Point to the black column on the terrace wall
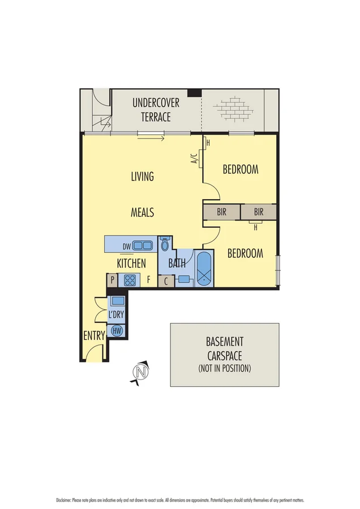click(194, 93)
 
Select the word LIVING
click(143, 176)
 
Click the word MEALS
click(143, 213)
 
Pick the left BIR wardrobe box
click(222, 212)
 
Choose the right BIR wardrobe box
click(259, 212)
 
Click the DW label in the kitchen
click(127, 246)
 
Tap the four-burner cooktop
click(130, 279)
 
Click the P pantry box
click(112, 280)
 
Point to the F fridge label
click(148, 279)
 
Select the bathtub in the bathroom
click(204, 270)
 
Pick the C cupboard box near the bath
click(166, 280)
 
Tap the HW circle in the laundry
click(117, 330)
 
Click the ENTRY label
click(94, 335)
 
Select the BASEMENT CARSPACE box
click(225, 355)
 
